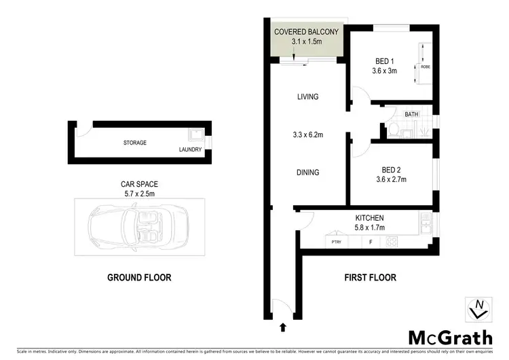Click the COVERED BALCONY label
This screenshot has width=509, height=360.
(x=306, y=32)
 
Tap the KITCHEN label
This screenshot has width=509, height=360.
(x=369, y=217)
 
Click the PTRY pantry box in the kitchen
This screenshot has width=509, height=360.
(x=336, y=241)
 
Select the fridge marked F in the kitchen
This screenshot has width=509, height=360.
(x=370, y=241)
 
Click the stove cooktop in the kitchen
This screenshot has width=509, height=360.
(x=392, y=241)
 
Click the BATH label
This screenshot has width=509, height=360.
(x=411, y=115)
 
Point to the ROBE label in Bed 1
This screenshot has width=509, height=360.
(x=426, y=67)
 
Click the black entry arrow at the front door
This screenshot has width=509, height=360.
(x=282, y=329)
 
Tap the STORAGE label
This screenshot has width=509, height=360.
(x=135, y=143)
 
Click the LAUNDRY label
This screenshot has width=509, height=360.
(x=190, y=149)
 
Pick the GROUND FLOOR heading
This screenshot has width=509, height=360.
(x=139, y=277)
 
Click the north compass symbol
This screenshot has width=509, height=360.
(x=478, y=309)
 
